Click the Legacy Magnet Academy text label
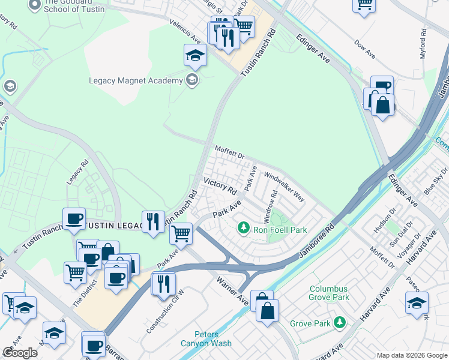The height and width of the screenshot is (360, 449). tap(136, 80)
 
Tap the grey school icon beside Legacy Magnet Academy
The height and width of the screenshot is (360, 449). tap(192, 80)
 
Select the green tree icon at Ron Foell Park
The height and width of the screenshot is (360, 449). tap(243, 227)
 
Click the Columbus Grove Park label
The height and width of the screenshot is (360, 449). tap(329, 292)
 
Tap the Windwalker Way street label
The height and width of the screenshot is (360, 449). tap(285, 188)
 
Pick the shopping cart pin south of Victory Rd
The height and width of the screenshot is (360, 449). tap(181, 233)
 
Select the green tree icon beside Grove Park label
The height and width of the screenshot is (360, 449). tap(340, 323)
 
